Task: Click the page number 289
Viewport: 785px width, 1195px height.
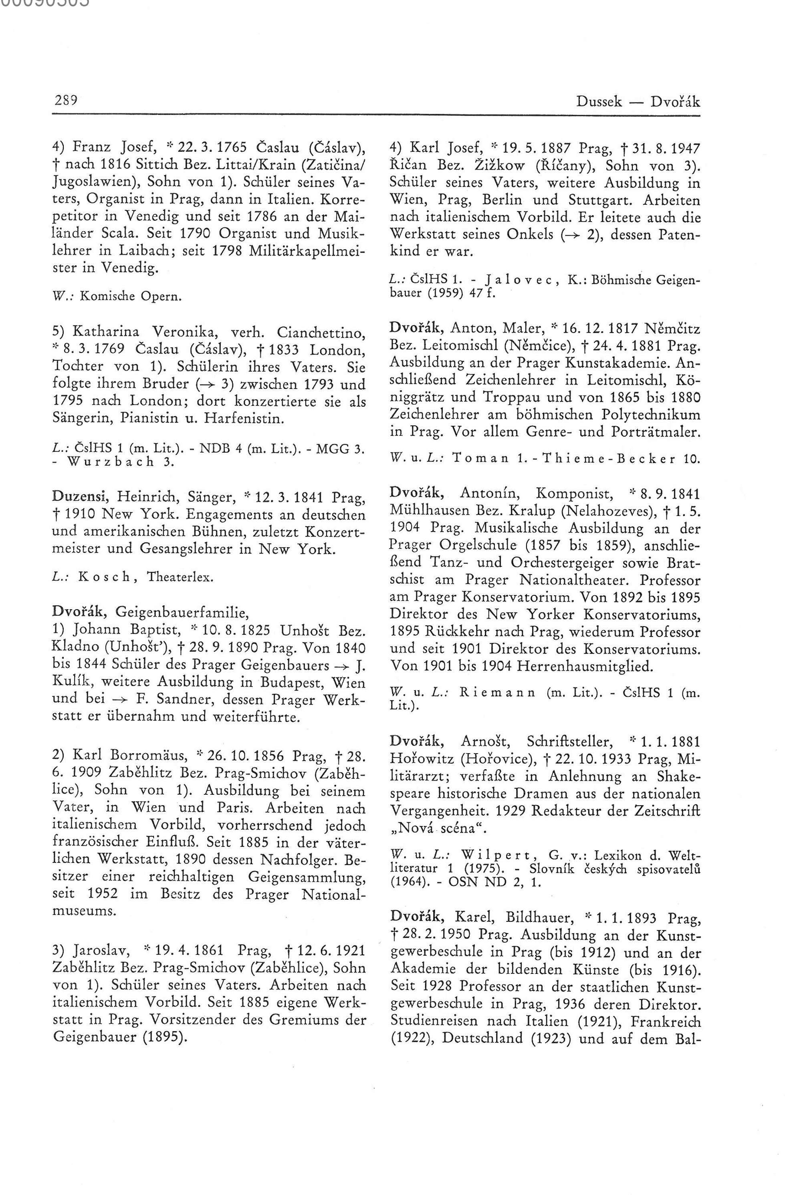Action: coord(65,101)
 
